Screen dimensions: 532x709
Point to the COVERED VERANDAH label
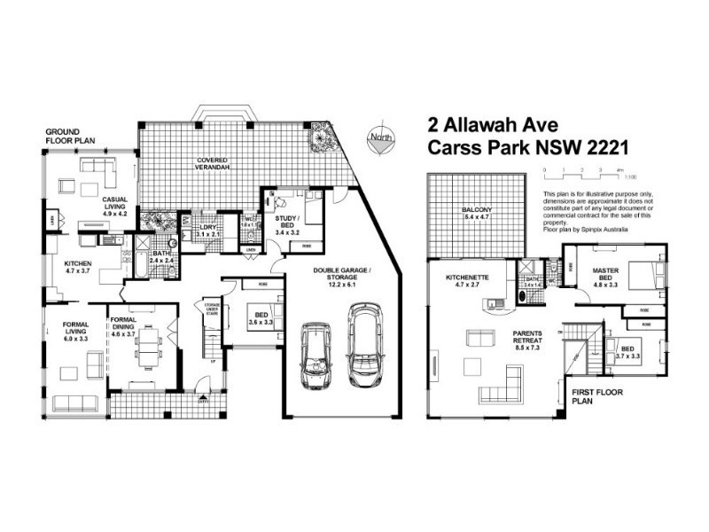tap(214, 164)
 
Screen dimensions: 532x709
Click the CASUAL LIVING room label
tap(116, 207)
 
